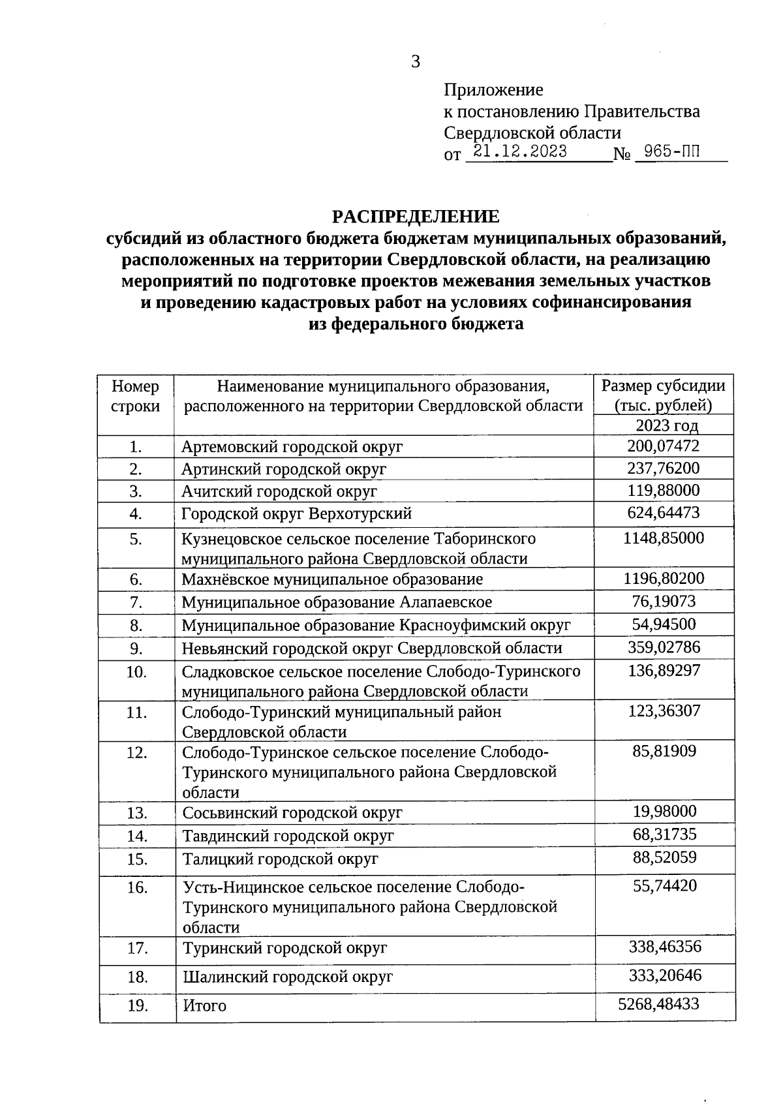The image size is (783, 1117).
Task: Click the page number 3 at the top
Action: point(416,62)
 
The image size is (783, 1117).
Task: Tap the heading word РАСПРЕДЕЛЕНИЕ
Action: point(416,217)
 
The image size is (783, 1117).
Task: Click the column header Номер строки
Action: point(136,396)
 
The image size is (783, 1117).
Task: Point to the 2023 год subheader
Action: point(666,425)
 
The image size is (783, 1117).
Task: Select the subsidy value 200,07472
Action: point(663,446)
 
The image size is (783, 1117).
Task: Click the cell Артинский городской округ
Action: point(284,469)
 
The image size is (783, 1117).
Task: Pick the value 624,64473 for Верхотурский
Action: point(663,513)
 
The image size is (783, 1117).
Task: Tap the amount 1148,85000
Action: point(663,538)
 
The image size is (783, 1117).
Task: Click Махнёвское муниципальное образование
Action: point(332,579)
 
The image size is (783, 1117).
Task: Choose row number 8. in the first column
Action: point(136,626)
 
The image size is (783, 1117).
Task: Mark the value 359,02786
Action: point(663,647)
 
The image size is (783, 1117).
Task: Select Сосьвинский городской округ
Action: point(292,813)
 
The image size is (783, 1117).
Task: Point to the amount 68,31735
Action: point(664,834)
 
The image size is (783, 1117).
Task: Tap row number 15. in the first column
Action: point(137,859)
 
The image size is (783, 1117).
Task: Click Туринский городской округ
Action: point(285,948)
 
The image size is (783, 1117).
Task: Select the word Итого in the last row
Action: point(204,1006)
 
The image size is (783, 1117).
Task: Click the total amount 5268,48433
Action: point(658,1004)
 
